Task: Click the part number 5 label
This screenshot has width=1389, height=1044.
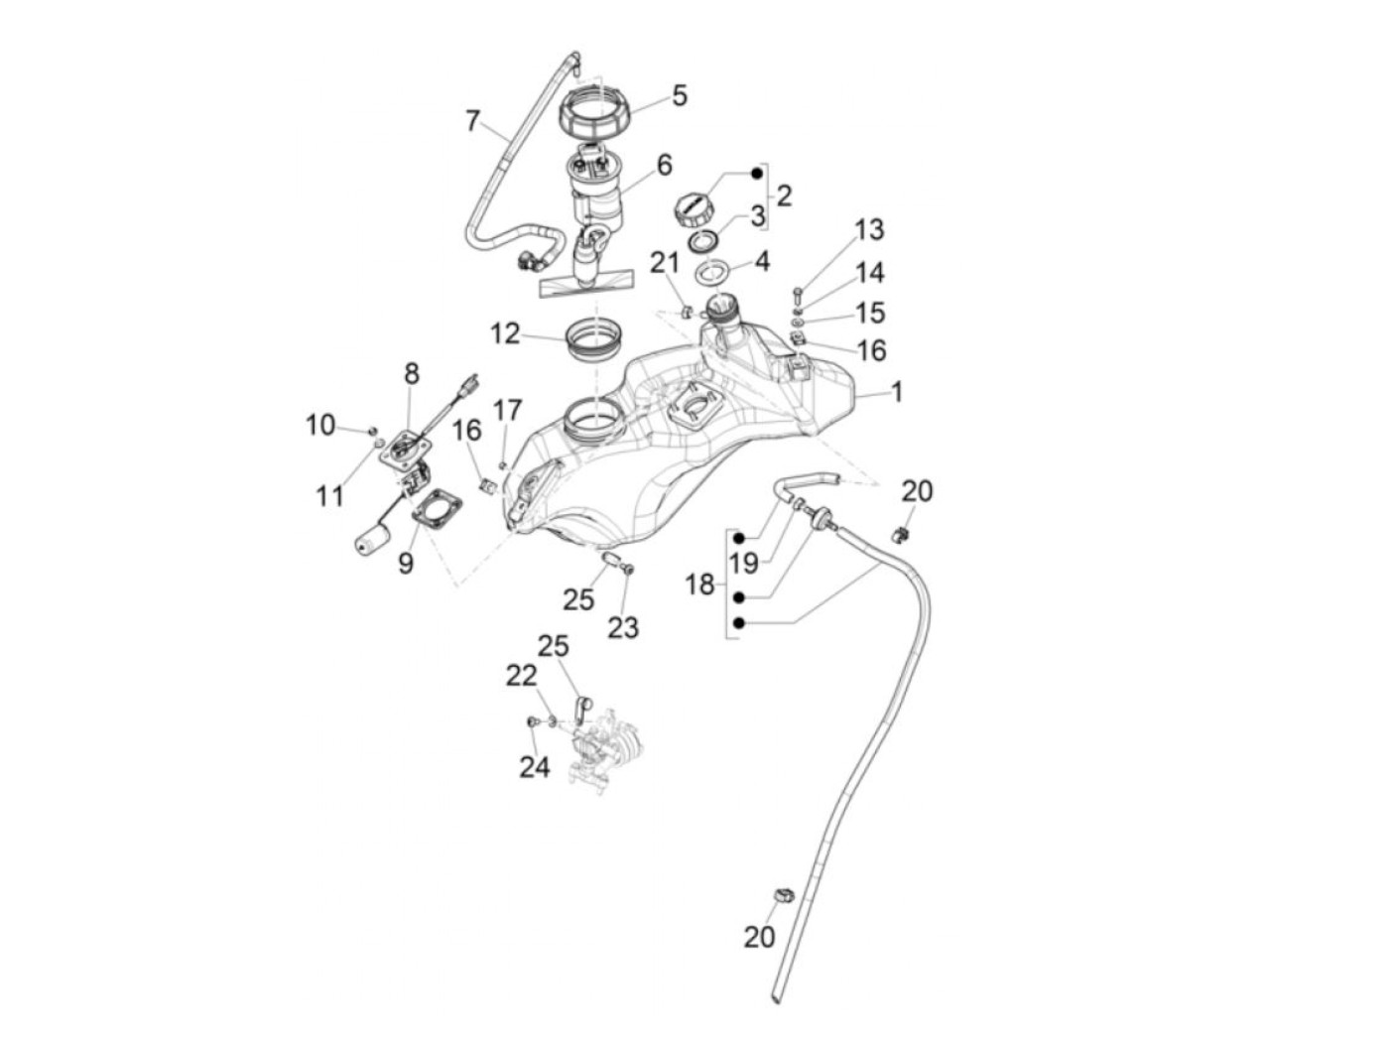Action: tap(679, 96)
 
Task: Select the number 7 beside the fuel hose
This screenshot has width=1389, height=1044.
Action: tap(472, 121)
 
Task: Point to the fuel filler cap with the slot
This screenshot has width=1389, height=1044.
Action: tap(694, 210)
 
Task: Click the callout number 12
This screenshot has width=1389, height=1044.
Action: tap(505, 333)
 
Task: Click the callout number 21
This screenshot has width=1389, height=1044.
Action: tap(665, 263)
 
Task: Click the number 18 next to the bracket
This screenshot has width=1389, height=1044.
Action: tap(700, 585)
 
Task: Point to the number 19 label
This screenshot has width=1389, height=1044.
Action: tap(743, 563)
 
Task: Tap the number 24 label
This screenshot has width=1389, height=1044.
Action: tap(535, 767)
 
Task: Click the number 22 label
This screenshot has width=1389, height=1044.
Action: tap(522, 676)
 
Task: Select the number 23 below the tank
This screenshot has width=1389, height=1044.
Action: tap(623, 627)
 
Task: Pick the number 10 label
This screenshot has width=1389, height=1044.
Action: tap(320, 425)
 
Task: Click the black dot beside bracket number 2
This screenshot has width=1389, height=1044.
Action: tap(756, 173)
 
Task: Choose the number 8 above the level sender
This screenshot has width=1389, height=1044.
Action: tap(412, 374)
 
